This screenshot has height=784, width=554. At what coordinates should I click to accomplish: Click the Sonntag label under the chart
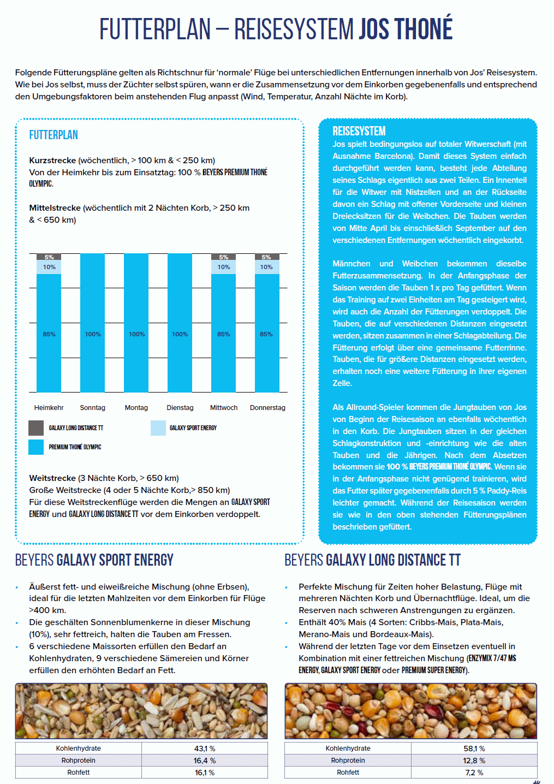coord(92,408)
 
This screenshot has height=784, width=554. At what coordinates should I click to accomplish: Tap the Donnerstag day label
coord(267,408)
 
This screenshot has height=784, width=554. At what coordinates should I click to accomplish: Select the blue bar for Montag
coord(136,322)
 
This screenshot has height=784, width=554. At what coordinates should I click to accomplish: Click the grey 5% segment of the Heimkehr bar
coord(49,257)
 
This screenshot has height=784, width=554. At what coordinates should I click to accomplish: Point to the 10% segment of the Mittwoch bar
coord(224,267)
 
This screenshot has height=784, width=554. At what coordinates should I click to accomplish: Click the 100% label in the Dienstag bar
coord(180,334)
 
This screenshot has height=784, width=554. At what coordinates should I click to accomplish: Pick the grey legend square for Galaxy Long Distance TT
coord(36,428)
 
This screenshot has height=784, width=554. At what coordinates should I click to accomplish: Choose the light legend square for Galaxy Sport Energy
coord(158,428)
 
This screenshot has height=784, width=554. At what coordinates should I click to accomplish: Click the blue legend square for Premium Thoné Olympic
coord(36,447)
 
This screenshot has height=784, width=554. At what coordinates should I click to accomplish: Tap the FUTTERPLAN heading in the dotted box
coord(53,135)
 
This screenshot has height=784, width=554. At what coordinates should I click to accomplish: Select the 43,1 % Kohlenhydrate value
coord(205,749)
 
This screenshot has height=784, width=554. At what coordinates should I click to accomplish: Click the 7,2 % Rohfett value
coord(474,773)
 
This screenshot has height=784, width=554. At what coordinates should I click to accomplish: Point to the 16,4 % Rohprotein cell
coord(205,761)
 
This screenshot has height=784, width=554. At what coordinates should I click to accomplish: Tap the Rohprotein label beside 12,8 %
coord(348,761)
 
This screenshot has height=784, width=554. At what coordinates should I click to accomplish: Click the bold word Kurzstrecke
coord(52,161)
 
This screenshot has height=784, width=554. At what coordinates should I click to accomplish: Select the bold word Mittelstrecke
coord(55,208)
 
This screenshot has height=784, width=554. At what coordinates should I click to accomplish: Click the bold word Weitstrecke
coord(52,478)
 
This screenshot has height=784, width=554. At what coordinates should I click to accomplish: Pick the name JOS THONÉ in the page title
coord(406,29)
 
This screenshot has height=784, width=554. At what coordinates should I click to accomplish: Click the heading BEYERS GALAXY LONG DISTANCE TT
coord(373,560)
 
